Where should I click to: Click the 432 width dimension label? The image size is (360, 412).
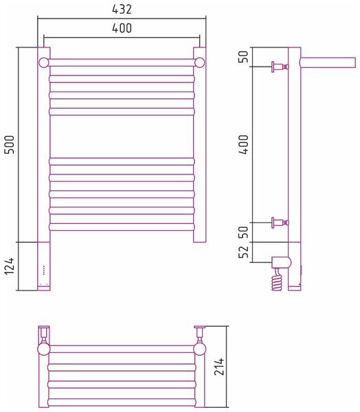pos(122,10)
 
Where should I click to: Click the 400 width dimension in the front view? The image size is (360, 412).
pos(122,28)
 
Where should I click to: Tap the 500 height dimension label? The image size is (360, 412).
pos(10,145)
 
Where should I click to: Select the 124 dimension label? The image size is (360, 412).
pos(10,266)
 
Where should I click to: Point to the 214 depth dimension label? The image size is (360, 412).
pos(219,366)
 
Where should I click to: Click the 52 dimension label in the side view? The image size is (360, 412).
pos(243,252)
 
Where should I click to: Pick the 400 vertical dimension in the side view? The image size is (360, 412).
pos(243,145)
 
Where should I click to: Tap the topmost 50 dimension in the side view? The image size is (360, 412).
pos(243,56)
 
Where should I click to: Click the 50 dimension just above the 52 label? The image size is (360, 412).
pos(243,232)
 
